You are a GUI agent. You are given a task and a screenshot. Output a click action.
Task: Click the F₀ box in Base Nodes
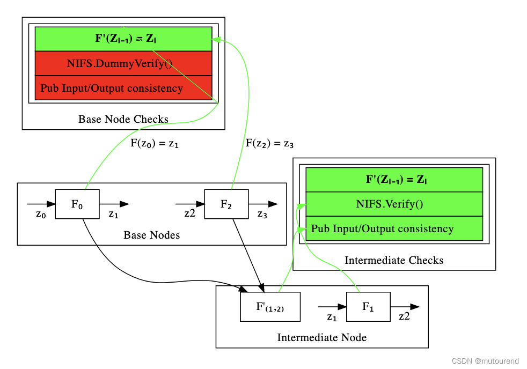click(x=77, y=204)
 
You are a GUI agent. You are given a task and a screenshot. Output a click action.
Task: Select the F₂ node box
click(x=226, y=204)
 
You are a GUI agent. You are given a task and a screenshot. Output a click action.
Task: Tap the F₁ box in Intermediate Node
click(x=368, y=307)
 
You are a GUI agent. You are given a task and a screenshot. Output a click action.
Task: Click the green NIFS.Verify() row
click(x=394, y=204)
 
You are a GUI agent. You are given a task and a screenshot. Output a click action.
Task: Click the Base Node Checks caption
click(x=123, y=119)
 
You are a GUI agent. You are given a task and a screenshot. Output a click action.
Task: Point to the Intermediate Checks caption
click(x=394, y=260)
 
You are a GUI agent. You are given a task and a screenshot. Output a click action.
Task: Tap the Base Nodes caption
click(x=151, y=235)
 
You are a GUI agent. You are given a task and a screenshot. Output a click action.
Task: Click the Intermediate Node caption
click(x=321, y=337)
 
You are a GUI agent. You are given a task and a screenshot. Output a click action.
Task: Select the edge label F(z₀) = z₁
click(x=155, y=144)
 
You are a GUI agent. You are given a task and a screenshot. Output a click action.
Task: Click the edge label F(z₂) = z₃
click(x=269, y=144)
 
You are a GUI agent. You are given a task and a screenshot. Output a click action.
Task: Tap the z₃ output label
click(x=262, y=215)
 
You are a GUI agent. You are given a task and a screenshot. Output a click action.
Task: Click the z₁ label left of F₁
click(x=332, y=318)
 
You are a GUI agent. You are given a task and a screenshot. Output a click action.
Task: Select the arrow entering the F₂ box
click(x=190, y=204)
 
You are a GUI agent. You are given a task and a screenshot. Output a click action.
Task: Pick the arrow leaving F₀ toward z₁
click(x=114, y=204)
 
